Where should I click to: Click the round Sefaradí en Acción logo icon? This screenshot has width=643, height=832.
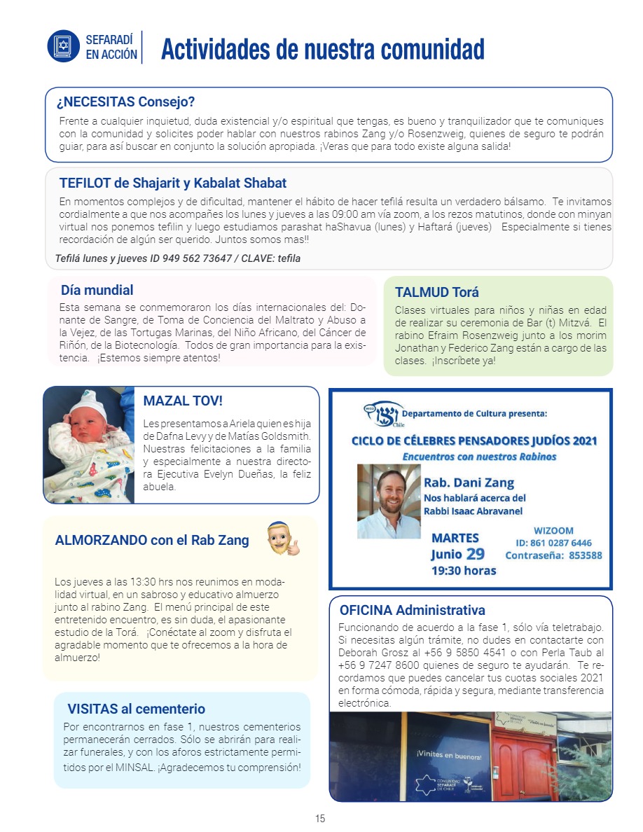[x=64, y=46]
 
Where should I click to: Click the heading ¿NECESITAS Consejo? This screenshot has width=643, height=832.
[x=125, y=102]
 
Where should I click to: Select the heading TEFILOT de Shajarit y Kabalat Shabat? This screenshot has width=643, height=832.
[x=173, y=183]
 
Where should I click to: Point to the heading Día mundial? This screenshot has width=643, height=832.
[x=97, y=290]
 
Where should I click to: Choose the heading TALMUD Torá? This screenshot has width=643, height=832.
[x=437, y=292]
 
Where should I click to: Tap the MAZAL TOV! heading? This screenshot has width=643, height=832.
[x=183, y=401]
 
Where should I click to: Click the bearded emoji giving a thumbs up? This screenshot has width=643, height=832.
[x=282, y=539]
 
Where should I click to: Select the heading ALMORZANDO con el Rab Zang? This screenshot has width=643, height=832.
[x=152, y=540]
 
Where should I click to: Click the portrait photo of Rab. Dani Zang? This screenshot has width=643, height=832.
[x=389, y=501]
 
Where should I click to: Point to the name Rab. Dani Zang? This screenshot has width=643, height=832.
[x=469, y=483]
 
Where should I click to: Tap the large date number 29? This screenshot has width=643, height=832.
[x=476, y=554]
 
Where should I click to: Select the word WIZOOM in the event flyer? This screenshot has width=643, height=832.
[x=553, y=531]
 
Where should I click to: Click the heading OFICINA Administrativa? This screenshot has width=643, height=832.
[x=412, y=610]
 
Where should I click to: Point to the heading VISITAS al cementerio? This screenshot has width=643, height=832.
[x=137, y=709]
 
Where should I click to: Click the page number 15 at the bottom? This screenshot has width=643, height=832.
[x=320, y=819]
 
